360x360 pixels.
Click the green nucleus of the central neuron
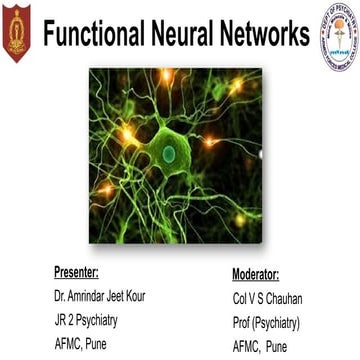(169, 153)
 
